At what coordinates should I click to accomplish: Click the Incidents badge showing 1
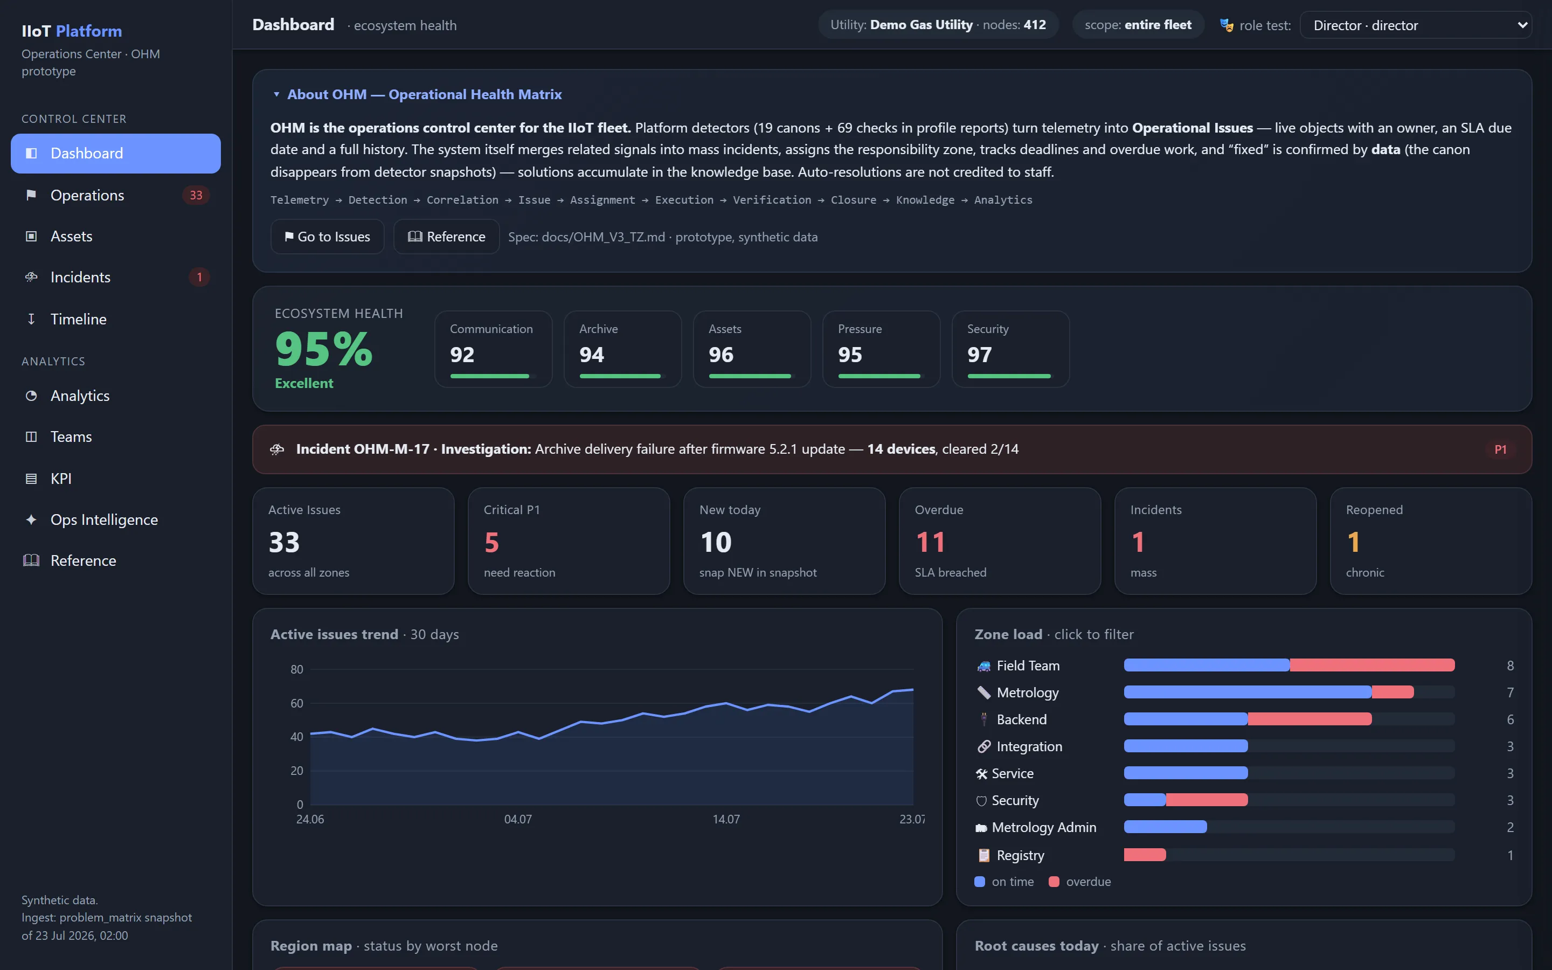[x=199, y=277]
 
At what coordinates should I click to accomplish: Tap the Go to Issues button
[x=327, y=237]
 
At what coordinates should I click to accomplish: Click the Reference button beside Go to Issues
[x=446, y=237]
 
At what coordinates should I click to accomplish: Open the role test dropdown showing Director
[x=1416, y=25]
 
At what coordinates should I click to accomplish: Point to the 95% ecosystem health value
[x=324, y=349]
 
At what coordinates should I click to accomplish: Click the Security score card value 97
[x=979, y=355]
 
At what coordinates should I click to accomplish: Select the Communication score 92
[x=462, y=355]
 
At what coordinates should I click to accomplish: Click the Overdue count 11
[x=930, y=543]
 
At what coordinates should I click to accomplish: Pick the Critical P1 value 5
[x=492, y=543]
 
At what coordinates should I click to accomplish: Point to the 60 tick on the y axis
[x=296, y=703]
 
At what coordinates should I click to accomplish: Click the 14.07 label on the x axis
[x=726, y=819]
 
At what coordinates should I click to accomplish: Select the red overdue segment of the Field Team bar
[x=1372, y=666]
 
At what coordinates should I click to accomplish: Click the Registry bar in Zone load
[x=1145, y=855]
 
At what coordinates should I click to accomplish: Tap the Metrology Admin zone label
[x=1044, y=828]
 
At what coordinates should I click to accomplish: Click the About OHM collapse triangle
[x=276, y=94]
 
